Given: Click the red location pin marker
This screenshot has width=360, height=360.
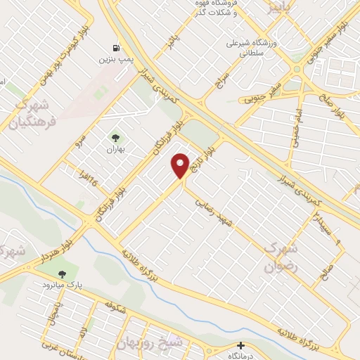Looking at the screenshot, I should [181, 165].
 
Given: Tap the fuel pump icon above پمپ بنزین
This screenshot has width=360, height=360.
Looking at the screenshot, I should [115, 49].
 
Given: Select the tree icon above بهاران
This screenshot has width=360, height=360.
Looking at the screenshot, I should [115, 138].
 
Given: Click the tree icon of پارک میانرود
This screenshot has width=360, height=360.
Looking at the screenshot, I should [63, 274].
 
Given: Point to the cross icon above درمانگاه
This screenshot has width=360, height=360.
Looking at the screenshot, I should [240, 345].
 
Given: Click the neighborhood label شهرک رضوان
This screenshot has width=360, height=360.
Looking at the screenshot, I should [281, 257].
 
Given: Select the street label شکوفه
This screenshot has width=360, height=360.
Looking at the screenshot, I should [114, 307].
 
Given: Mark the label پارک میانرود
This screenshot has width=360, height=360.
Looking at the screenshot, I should [69, 285].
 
